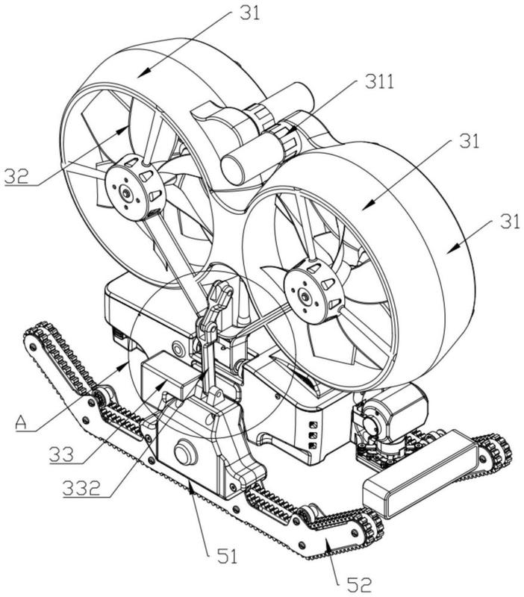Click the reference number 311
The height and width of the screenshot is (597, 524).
tap(379, 81)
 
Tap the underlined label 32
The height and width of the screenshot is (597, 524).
tap(16, 177)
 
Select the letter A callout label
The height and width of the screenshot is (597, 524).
tap(22, 422)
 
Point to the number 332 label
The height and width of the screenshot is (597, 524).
tap(81, 488)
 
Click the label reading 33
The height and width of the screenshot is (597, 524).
tap(61, 454)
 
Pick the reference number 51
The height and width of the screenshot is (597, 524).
tap(228, 556)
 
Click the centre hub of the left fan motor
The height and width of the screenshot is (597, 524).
tap(125, 193)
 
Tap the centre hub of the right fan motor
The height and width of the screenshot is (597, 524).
tap(305, 296)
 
